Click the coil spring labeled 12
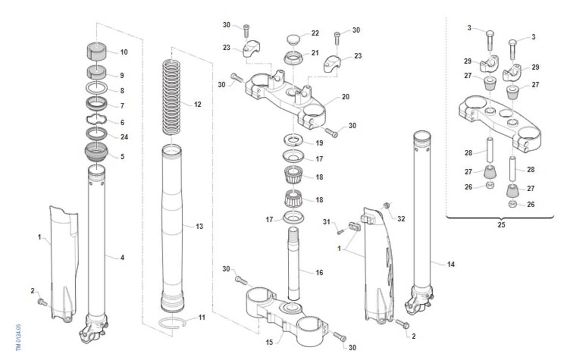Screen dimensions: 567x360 pos(172,97)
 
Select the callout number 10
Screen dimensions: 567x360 pos(124,52)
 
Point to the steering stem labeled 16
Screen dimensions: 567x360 pos(293,263)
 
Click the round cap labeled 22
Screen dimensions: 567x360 pos(293,39)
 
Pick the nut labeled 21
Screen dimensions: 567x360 pos(293,58)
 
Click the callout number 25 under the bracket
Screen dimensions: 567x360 pos(501,224)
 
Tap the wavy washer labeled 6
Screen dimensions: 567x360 pos(96,120)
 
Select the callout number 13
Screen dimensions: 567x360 pos(199,226)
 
